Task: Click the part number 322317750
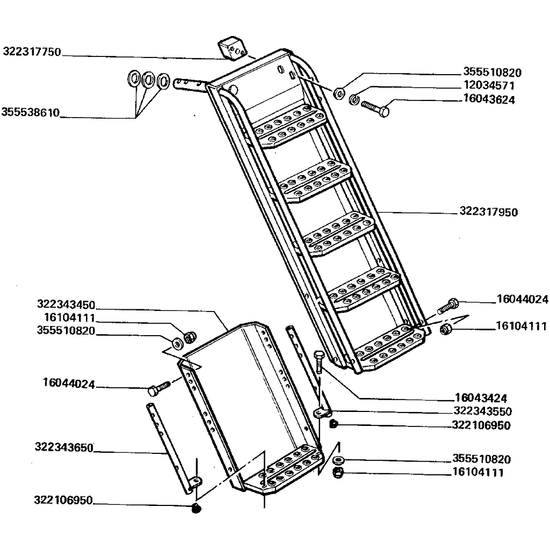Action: tap(32, 52)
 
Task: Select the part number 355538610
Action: tap(30, 113)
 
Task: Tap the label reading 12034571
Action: tap(489, 86)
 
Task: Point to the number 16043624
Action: tap(489, 99)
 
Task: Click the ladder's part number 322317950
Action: tap(489, 212)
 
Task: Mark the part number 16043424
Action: tap(480, 398)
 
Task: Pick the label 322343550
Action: tap(482, 411)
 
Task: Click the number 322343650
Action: tap(64, 447)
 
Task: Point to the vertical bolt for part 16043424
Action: tap(318, 363)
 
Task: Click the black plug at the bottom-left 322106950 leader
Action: tap(196, 508)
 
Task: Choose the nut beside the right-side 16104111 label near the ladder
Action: tap(445, 329)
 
